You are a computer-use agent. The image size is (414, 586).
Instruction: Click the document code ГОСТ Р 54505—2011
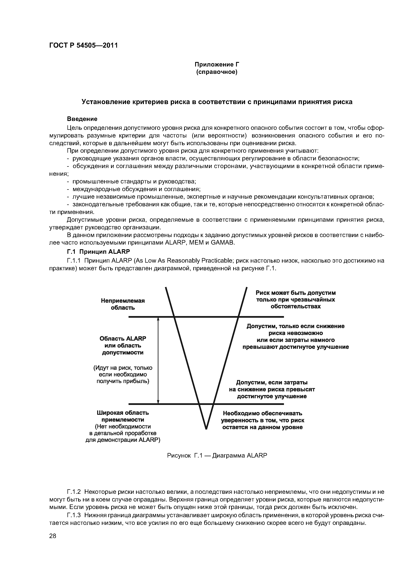pos(83,45)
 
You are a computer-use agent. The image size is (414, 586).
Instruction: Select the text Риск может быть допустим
pos(296,293)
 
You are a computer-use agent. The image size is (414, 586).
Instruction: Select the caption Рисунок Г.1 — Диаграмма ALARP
pos(217,456)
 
